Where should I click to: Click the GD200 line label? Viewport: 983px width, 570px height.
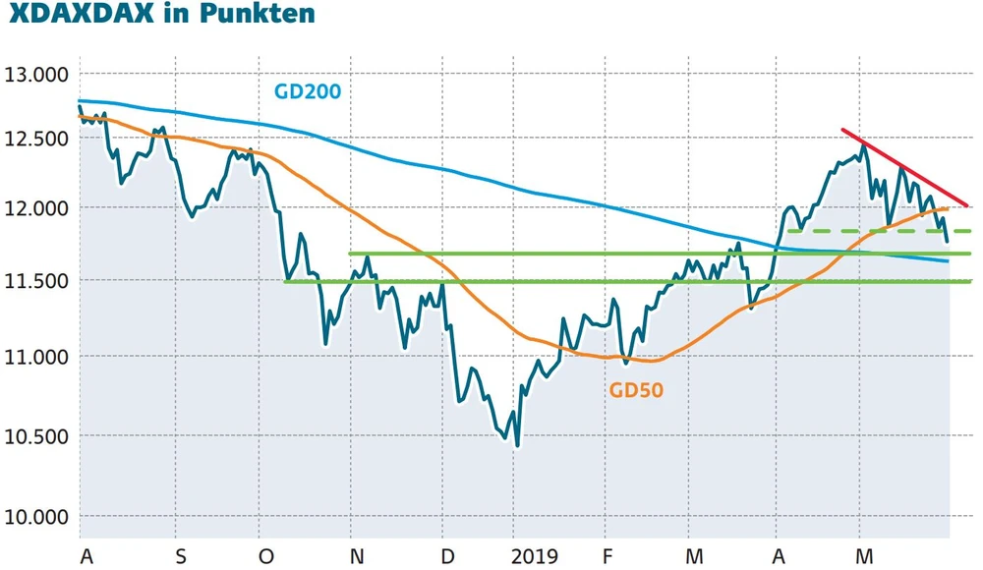pos(307,92)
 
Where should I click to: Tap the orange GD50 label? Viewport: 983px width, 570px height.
pos(637,390)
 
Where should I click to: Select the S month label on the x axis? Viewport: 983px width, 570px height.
pos(181,557)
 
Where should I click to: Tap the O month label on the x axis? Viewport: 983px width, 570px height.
pos(266,557)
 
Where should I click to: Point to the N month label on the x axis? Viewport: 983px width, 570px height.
pos(357,557)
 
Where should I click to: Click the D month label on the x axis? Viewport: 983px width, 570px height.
pos(447,557)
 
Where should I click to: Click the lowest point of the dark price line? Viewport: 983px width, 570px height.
pos(517,445)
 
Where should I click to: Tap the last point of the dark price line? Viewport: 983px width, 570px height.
pos(947,241)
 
